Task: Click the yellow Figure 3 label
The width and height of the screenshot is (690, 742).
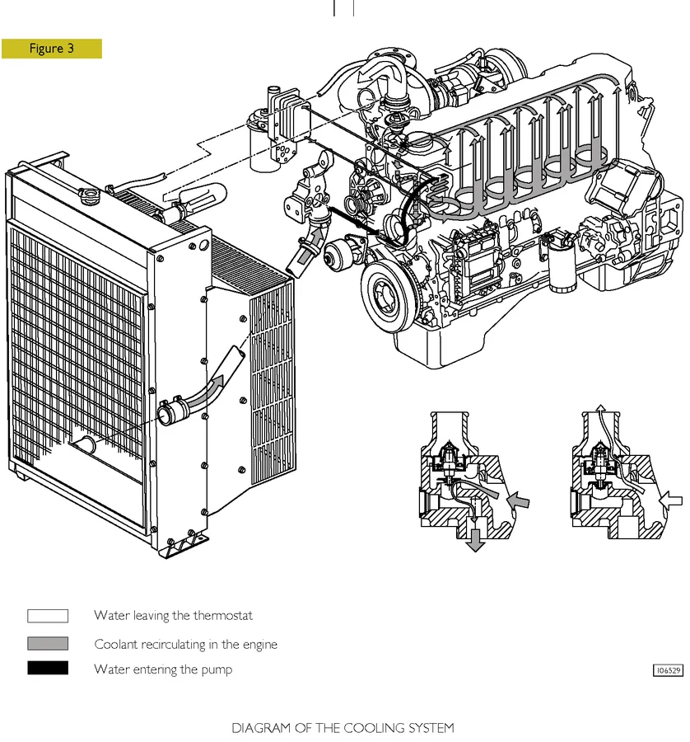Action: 52,49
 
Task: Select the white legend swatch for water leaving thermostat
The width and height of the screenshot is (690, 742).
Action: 48,616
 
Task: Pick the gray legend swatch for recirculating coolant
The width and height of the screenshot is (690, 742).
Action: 48,644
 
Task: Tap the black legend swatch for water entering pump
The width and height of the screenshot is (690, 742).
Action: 48,669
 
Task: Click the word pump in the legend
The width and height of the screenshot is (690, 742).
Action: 217,670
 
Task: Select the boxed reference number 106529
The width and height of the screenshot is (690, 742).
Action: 668,670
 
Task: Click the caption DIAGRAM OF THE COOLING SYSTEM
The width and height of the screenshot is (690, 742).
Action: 343,728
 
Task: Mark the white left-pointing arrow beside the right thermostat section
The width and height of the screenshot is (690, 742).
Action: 673,499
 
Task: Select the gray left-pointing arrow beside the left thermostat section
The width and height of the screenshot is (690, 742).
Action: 520,500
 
